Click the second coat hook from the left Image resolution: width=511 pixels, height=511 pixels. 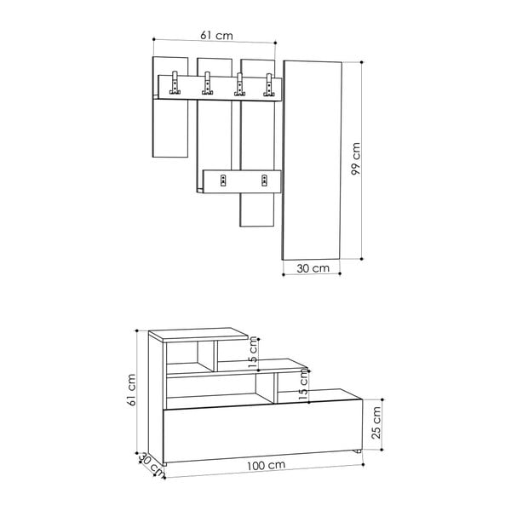(x=206, y=83)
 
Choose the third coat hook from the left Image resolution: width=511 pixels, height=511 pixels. (x=239, y=83)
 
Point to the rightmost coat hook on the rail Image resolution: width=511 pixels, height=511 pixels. (x=270, y=83)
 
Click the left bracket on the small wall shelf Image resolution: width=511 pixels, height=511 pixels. (x=224, y=180)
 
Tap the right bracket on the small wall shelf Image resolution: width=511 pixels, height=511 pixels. (x=264, y=180)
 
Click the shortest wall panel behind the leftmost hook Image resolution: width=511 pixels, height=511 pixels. (x=169, y=128)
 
